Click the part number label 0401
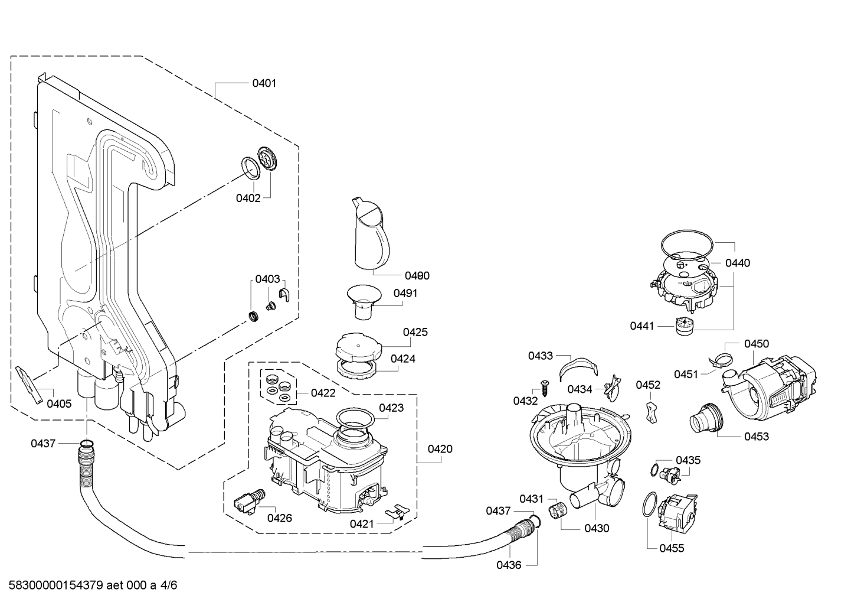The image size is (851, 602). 264,83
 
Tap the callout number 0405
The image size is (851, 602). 59,404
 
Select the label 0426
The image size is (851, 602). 280,518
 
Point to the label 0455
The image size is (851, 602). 672,548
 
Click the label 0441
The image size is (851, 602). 642,326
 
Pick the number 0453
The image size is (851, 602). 757,437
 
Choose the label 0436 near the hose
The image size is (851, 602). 509,565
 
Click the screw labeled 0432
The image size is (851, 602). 544,388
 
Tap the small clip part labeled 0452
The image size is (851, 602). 651,412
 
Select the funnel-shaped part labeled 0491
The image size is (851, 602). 364,301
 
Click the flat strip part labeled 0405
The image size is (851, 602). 29,385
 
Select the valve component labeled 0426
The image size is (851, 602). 250,502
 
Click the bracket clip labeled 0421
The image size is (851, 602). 397,513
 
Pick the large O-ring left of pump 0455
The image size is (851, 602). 650,505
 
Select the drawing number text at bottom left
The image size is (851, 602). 93,585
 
